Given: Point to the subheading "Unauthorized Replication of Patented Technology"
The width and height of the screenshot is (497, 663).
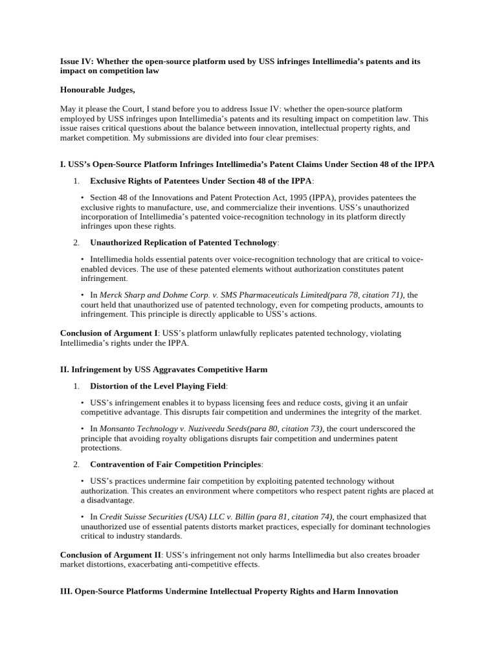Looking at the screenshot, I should tap(183, 242).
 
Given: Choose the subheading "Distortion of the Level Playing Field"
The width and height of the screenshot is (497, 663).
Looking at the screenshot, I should tap(159, 386).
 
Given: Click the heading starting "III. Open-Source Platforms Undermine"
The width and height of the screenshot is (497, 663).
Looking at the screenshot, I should tap(228, 591).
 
